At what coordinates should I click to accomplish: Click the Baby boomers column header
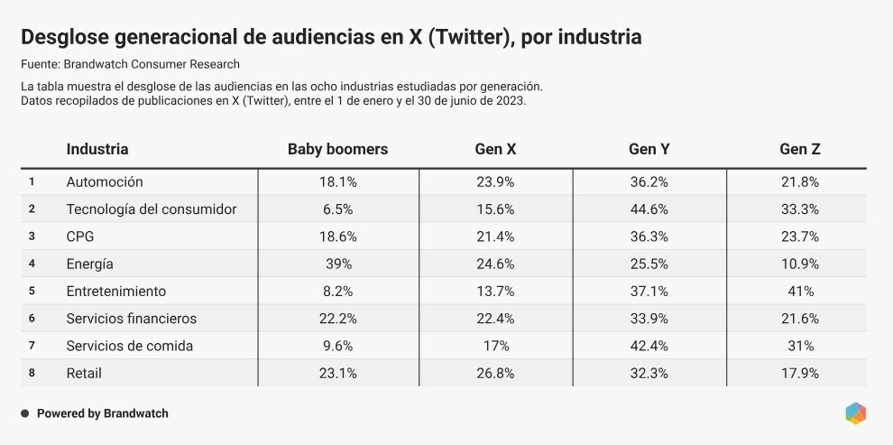click(337, 150)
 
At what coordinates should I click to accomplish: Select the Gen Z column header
click(799, 150)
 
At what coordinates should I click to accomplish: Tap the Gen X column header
click(495, 150)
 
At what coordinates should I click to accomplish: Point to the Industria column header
click(97, 150)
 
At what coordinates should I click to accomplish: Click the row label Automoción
click(105, 182)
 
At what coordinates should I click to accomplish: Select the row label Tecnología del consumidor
click(152, 209)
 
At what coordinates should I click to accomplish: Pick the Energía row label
click(90, 264)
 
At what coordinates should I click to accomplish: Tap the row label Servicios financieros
click(131, 319)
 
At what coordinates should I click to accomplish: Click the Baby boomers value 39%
click(338, 264)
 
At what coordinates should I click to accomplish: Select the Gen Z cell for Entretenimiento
click(799, 292)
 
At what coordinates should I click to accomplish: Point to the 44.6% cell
click(649, 209)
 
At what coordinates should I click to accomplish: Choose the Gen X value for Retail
click(495, 373)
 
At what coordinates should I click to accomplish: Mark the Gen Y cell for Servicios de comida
click(649, 346)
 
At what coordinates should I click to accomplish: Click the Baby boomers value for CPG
click(338, 236)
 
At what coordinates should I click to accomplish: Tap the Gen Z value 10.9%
click(799, 264)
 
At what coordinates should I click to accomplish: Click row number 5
click(32, 292)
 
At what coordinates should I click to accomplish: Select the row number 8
click(32, 373)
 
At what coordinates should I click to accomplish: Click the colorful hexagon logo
click(856, 413)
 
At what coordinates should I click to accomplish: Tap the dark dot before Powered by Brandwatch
click(25, 413)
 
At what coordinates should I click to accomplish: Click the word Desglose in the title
click(65, 38)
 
